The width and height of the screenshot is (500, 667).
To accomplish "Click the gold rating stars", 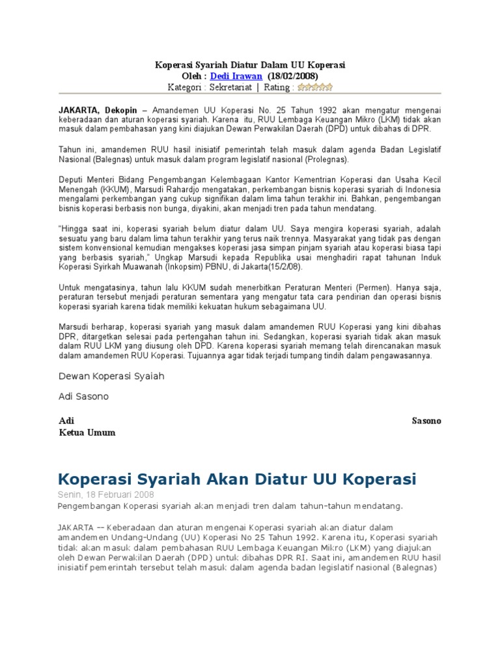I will point(315,87).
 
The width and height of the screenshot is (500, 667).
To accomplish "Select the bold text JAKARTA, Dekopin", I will point(98,111).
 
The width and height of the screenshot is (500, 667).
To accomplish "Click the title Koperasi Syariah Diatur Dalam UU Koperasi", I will point(249,65).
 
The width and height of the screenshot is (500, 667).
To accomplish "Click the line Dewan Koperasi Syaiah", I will point(111,376).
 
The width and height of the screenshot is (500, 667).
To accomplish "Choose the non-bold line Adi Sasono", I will point(84,396).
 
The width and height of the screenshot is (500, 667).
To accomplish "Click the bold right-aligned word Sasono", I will point(426,421).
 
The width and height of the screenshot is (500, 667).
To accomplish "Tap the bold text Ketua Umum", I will point(87,433).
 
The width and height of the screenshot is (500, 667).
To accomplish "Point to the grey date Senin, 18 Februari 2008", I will point(106,494).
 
